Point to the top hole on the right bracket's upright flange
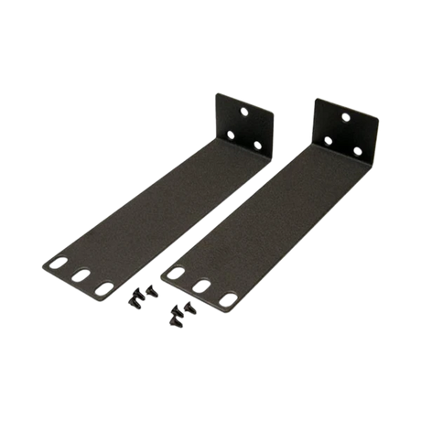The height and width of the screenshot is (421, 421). pyautogui.click(x=345, y=117)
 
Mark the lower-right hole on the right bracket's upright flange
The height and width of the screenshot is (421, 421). pyautogui.click(x=359, y=150)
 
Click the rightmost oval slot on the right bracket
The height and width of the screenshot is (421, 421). pyautogui.click(x=225, y=299)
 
